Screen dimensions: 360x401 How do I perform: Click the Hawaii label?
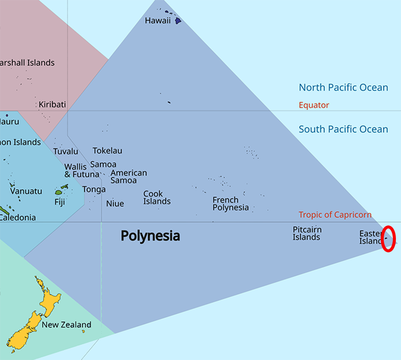[157, 21]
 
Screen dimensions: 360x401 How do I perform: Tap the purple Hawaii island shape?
[178, 21]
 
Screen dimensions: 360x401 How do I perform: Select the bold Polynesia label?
[150, 236]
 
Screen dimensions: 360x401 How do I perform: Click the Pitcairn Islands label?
[307, 234]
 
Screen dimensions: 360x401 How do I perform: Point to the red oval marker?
[388, 239]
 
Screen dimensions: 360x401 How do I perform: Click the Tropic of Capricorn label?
[335, 215]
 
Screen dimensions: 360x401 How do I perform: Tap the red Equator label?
[314, 105]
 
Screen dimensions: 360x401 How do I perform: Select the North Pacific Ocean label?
[343, 88]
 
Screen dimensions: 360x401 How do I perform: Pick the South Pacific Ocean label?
[343, 129]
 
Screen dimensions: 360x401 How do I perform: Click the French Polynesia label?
[230, 204]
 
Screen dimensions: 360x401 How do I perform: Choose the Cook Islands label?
[157, 198]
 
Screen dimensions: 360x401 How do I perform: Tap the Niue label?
[115, 204]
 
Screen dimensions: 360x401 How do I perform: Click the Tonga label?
[94, 189]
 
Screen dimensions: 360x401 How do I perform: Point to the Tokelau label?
[107, 151]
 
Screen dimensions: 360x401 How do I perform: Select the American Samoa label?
[128, 177]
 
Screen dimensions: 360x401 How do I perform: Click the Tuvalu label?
[66, 151]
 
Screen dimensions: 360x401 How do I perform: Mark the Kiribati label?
[52, 105]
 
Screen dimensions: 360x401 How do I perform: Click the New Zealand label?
[66, 325]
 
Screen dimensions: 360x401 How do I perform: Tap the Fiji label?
[60, 202]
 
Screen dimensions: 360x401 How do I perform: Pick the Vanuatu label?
[26, 191]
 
